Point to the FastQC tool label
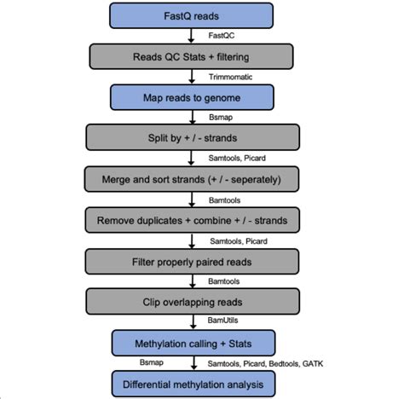[x=222, y=36]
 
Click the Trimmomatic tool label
[x=232, y=77]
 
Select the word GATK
[x=335, y=364]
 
